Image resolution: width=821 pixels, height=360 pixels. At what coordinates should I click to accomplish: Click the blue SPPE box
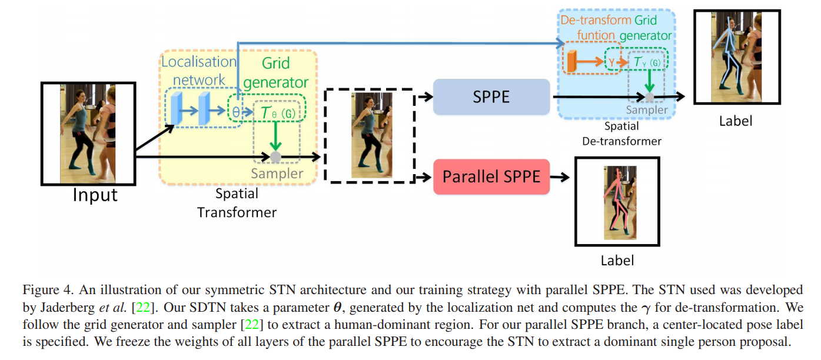click(x=491, y=97)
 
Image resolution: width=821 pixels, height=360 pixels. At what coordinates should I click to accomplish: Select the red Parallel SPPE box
click(x=491, y=176)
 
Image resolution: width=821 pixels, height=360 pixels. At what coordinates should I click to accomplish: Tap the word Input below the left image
click(x=95, y=195)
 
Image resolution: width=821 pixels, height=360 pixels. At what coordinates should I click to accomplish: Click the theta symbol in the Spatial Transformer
click(x=235, y=112)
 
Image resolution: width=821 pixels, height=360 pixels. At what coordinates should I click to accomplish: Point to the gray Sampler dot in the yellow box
click(x=275, y=156)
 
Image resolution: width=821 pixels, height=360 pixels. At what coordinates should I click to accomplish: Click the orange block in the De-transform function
click(x=570, y=61)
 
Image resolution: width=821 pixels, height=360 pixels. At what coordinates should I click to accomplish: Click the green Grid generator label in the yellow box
click(x=276, y=72)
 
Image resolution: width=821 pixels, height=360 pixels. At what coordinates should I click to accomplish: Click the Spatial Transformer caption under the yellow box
click(x=237, y=202)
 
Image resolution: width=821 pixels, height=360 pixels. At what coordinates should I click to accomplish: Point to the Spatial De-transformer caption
click(x=621, y=134)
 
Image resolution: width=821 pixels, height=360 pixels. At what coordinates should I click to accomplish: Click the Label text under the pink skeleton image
click(x=617, y=261)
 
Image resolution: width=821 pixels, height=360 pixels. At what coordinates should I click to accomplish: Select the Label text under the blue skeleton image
click(x=736, y=121)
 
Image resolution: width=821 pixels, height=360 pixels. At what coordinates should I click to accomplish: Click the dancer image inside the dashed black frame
click(x=363, y=135)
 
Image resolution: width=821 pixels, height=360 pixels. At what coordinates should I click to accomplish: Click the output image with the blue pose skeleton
click(x=736, y=56)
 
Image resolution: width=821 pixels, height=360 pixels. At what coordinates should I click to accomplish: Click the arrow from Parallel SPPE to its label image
click(x=560, y=176)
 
